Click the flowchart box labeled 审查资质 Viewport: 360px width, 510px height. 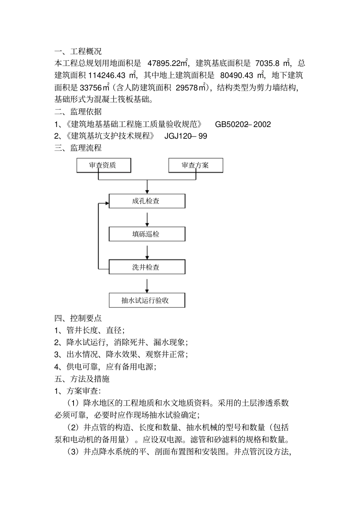pyautogui.click(x=103, y=165)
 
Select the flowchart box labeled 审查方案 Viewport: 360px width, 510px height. pyautogui.click(x=196, y=165)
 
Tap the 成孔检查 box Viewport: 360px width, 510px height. pyautogui.click(x=147, y=201)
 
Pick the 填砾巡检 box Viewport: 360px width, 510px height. pyautogui.click(x=147, y=234)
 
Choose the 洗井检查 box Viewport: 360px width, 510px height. pyautogui.click(x=147, y=267)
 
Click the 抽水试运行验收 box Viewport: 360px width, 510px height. pyautogui.click(x=147, y=300)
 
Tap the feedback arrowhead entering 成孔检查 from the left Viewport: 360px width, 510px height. pyautogui.click(x=106, y=204)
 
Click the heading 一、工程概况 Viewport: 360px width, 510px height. pyautogui.click(x=78, y=51)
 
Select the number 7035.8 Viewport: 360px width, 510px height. pyautogui.click(x=267, y=63)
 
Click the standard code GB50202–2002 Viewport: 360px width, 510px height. pyautogui.click(x=243, y=124)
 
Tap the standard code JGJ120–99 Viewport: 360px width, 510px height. pyautogui.click(x=186, y=136)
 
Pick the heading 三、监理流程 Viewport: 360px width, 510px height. pyautogui.click(x=78, y=148)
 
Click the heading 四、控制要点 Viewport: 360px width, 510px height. pyautogui.click(x=78, y=318)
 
